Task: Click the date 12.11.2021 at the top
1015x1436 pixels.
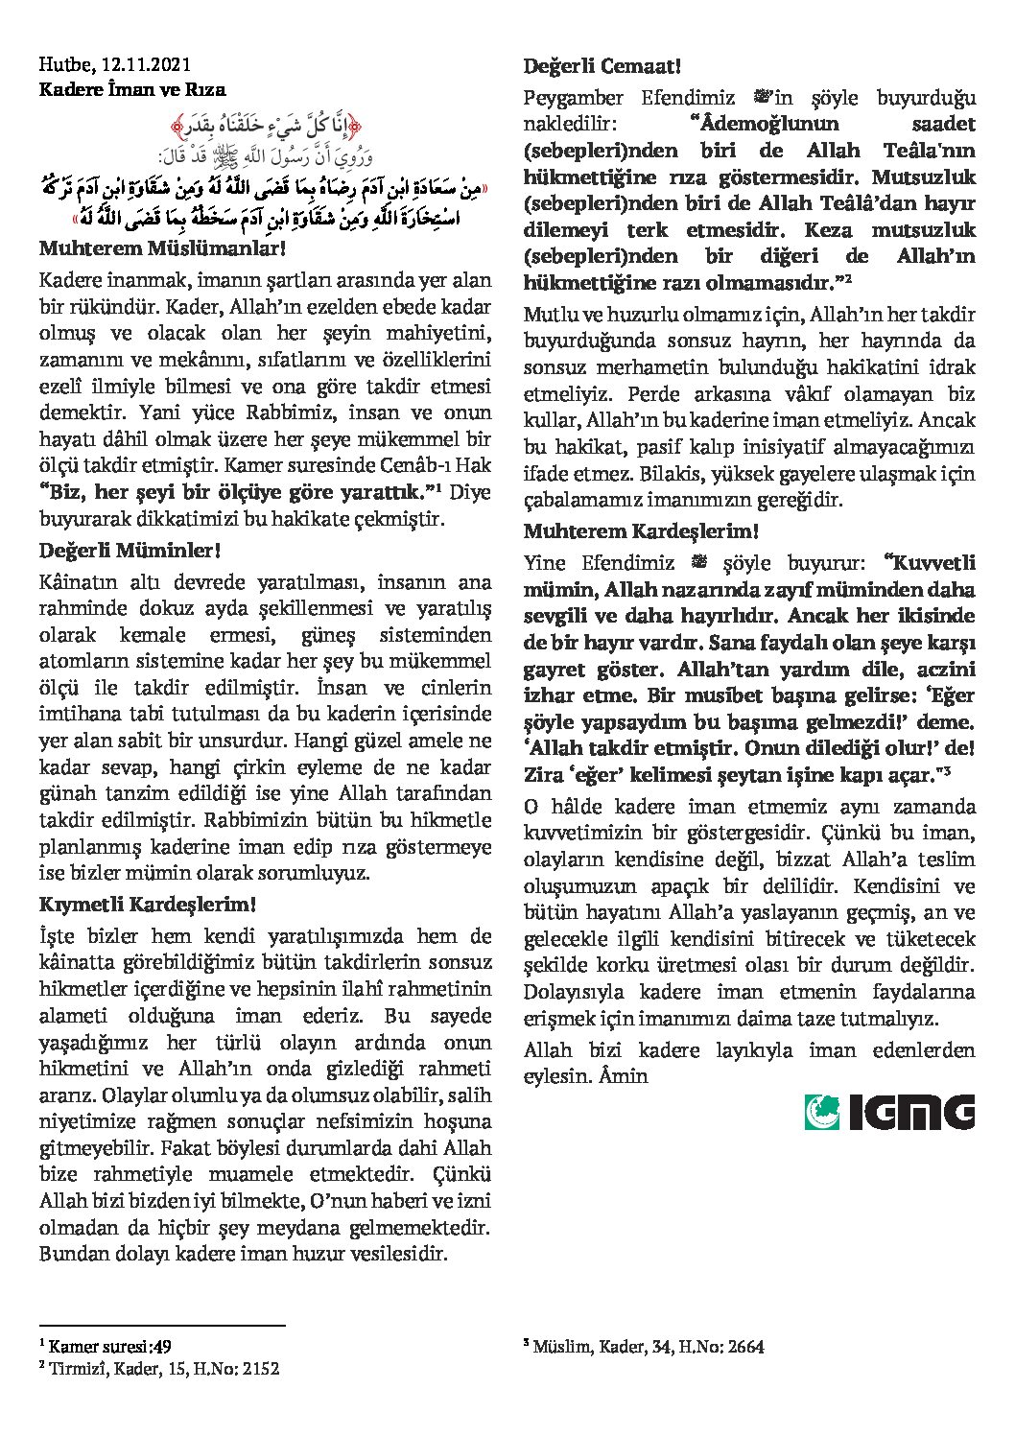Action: pos(144,65)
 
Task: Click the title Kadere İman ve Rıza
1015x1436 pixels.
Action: pos(132,90)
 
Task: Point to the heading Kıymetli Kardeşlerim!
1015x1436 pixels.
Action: pos(147,906)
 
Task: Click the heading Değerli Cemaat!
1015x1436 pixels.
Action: pos(602,67)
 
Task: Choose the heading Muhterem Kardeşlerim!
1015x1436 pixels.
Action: pos(641,531)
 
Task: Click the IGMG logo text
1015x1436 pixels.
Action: pos(911,1112)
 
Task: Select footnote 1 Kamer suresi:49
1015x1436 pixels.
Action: pos(106,1347)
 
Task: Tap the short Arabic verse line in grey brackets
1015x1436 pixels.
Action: pos(265,125)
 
